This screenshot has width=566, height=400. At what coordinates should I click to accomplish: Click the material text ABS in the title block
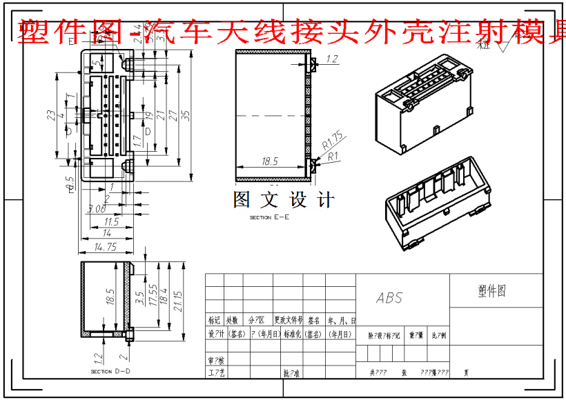coord(389,298)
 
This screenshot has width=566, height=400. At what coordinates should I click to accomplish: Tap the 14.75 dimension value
coord(105,247)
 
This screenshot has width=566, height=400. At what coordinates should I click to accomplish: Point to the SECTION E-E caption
coord(270,217)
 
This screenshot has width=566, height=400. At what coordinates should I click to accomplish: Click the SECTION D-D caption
coord(110,372)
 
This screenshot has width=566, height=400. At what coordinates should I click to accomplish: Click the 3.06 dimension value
coord(97,208)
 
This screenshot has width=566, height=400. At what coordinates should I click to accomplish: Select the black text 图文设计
coord(284,200)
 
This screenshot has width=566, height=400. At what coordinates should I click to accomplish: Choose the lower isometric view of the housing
coord(437,205)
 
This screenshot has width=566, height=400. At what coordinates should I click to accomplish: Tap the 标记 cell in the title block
coord(214,321)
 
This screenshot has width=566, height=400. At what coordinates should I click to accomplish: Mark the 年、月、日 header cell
coord(342,321)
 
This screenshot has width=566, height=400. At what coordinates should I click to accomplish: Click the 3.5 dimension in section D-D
coord(139,299)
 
